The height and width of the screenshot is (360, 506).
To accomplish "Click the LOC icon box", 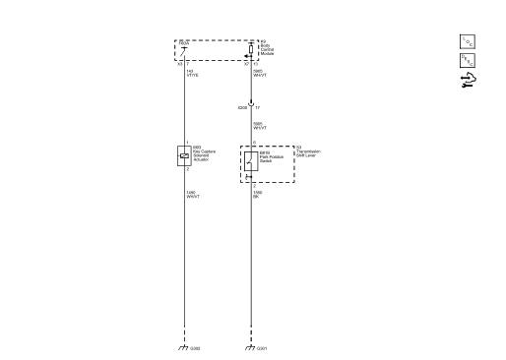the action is pyautogui.click(x=467, y=40).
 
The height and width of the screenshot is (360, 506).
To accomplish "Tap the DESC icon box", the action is pyautogui.click(x=467, y=62).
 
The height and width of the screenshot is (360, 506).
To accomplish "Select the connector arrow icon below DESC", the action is pyautogui.click(x=467, y=82).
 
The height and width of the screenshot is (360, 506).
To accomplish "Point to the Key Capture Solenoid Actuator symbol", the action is pyautogui.click(x=183, y=154).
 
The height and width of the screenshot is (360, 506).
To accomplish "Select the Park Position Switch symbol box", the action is pyautogui.click(x=251, y=160).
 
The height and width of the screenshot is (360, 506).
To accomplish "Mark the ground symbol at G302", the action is pyautogui.click(x=183, y=347).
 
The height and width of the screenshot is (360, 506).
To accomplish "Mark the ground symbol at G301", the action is pyautogui.click(x=251, y=347).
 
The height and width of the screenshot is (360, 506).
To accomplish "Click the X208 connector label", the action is pyautogui.click(x=242, y=106).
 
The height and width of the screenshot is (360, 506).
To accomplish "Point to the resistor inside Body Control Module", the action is pyautogui.click(x=251, y=46).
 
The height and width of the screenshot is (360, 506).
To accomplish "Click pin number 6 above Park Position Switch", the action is pyautogui.click(x=254, y=144).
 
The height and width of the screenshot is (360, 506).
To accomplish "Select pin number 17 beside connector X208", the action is pyautogui.click(x=259, y=106).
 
